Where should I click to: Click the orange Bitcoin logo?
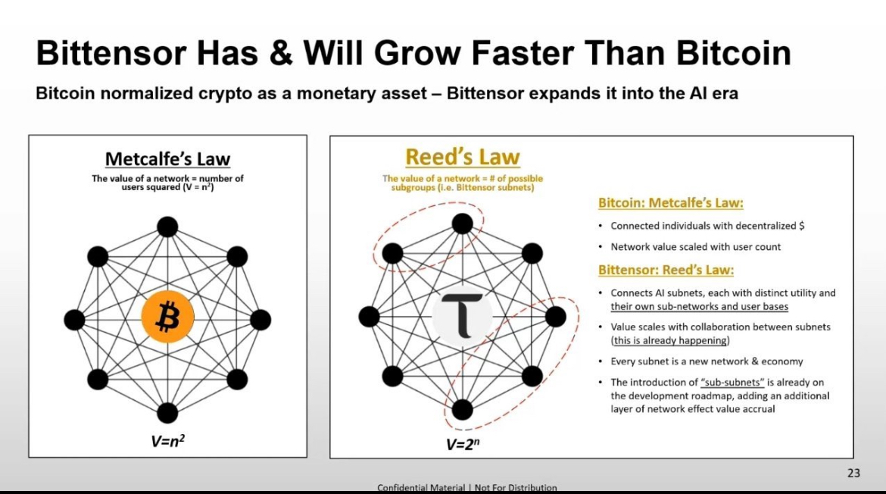point(167,317)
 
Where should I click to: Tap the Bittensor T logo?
point(462,315)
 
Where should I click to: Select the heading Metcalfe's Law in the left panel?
point(168,159)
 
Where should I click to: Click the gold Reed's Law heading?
point(462,157)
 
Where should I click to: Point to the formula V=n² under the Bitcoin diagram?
point(168,440)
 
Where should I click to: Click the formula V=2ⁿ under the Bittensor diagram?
point(462,444)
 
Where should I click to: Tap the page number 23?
point(853,473)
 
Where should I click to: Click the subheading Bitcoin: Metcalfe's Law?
point(671,203)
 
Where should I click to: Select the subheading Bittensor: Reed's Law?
point(666,270)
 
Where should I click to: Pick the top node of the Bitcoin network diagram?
point(167,227)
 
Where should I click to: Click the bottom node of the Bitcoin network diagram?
point(167,413)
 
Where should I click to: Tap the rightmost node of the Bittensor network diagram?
point(555,317)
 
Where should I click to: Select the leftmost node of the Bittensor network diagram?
point(369,317)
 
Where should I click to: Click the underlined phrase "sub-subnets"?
point(732,382)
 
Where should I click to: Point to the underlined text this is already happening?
point(670,340)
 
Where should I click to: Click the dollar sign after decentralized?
point(801,226)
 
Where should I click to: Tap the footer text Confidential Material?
point(421,487)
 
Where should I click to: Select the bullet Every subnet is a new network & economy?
point(707,361)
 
